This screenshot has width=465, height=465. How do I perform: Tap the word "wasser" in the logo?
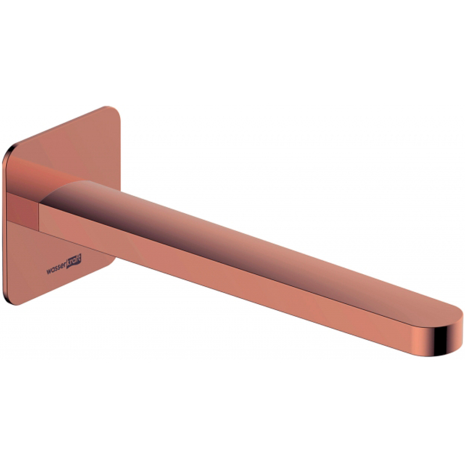click(x=56, y=268)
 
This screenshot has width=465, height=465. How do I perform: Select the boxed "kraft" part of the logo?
click(x=74, y=261)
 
